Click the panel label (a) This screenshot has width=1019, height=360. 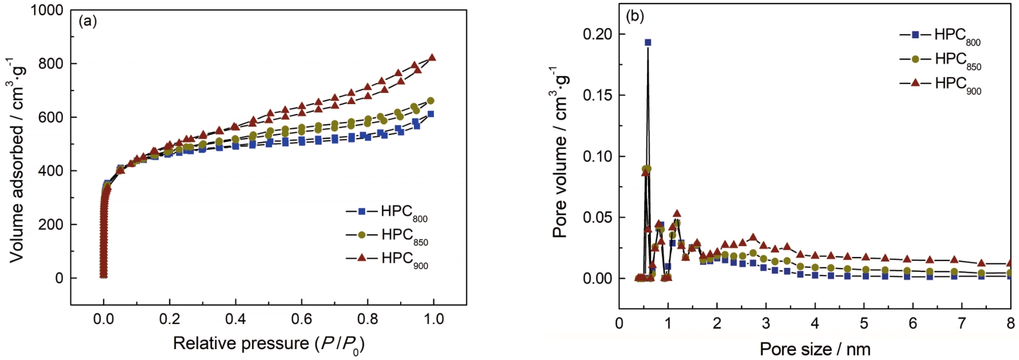[88, 22]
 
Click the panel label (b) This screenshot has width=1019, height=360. [635, 16]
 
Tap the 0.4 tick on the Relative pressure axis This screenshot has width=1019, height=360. [235, 319]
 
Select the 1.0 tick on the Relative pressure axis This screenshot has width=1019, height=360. [433, 319]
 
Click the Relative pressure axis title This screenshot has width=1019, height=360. [268, 344]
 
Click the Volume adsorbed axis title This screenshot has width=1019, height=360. [18, 157]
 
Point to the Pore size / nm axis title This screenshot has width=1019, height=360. [815, 349]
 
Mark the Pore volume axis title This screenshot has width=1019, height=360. [560, 152]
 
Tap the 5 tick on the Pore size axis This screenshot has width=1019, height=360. [864, 323]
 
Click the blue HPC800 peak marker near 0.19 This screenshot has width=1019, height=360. [647, 42]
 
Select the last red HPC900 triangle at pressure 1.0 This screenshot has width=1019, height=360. [432, 57]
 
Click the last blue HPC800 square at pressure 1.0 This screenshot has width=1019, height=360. [430, 114]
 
